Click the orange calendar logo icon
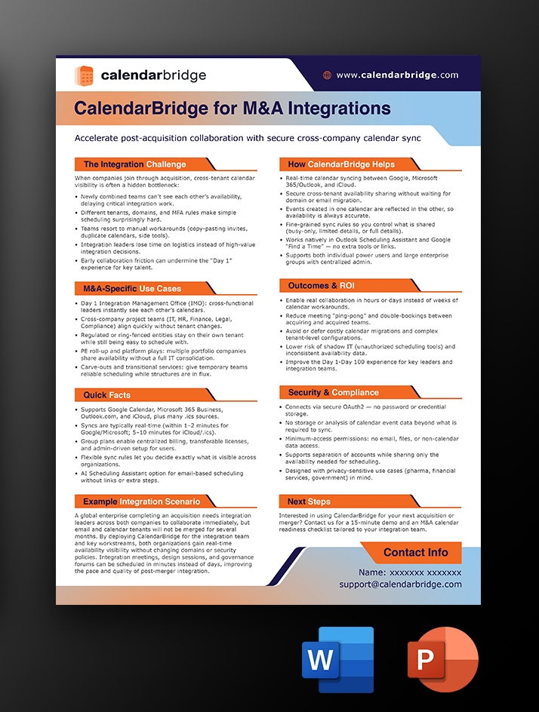pyautogui.click(x=84, y=75)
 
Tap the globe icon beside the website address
pyautogui.click(x=327, y=75)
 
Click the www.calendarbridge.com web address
pyautogui.click(x=397, y=75)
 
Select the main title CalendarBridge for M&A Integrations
pyautogui.click(x=232, y=109)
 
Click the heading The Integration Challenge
pyautogui.click(x=134, y=164)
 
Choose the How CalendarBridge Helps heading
pyautogui.click(x=341, y=164)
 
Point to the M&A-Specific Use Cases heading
pyautogui.click(x=132, y=288)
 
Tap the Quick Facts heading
pyautogui.click(x=106, y=394)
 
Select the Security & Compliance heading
pyautogui.click(x=333, y=392)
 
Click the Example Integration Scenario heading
pyautogui.click(x=142, y=501)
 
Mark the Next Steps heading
pyautogui.click(x=309, y=501)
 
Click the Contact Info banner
pyautogui.click(x=415, y=552)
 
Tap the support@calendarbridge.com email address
pyautogui.click(x=400, y=585)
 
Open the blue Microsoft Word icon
pyautogui.click(x=337, y=661)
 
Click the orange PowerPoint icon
pyautogui.click(x=442, y=661)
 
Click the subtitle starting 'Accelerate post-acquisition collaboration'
pyautogui.click(x=247, y=138)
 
